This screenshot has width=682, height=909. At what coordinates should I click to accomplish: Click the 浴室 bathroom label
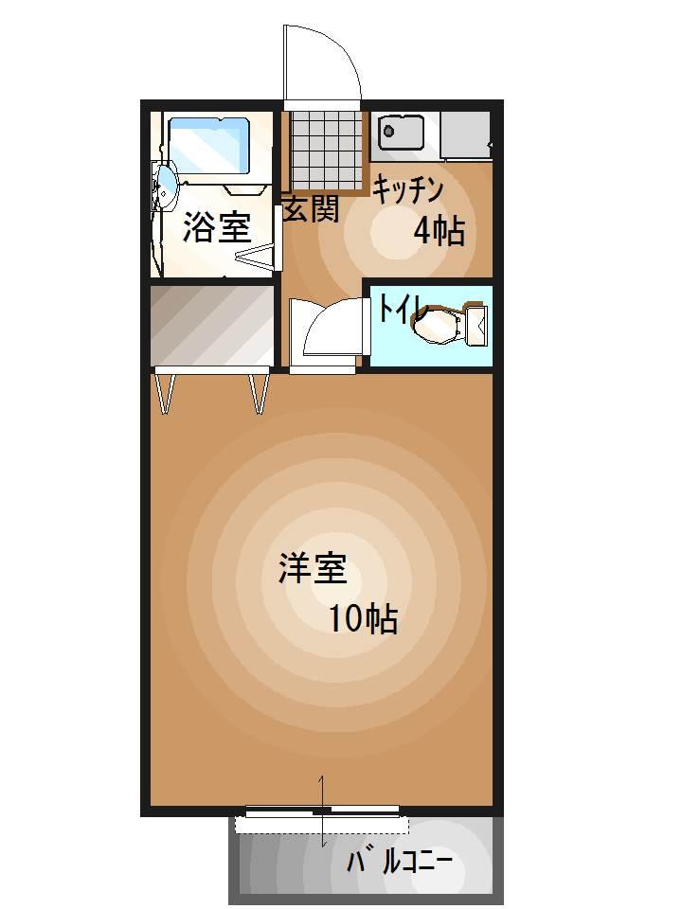216,228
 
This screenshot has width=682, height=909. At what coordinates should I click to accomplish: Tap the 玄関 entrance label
311,209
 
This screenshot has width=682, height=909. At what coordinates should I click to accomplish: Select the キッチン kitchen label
407,190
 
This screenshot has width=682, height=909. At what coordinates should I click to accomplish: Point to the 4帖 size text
440,230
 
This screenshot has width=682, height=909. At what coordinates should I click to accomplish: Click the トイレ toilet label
402,310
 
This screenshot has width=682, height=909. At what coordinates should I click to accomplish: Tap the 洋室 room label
312,570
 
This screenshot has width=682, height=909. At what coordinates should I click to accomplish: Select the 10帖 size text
363,619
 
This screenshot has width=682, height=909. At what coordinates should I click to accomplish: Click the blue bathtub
209,145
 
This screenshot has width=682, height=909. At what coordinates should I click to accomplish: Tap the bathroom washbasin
166,186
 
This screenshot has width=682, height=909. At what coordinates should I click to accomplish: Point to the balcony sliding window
322,811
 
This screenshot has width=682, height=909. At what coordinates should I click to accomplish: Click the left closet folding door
167,392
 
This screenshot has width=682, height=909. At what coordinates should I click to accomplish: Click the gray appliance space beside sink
464,134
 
